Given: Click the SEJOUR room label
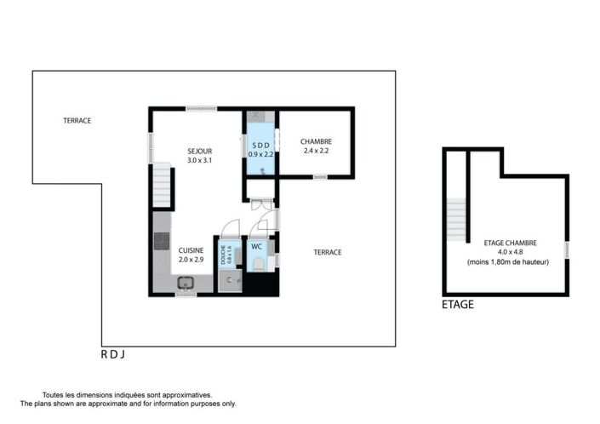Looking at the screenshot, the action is pos(199,152).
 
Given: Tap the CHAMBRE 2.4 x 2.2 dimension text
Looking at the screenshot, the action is pos(316,151).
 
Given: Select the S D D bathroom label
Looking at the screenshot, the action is pos(261,146).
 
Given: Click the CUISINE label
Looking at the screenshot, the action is pos(191,250).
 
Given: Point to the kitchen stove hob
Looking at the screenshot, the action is pos(162,241).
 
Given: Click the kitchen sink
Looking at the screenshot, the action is pos(186,283).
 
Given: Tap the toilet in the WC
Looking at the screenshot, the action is pos(259,265).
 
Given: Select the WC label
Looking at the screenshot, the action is pos(256,247).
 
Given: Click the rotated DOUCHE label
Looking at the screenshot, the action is pos(223,255).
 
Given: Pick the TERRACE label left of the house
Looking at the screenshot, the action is pos(77,121).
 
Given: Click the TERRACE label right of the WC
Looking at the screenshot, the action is pos(328,252).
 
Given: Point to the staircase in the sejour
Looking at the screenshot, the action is pos(162,186).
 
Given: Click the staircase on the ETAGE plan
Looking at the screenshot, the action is pos(456,220).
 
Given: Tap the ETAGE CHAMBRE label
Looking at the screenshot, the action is pos(510,243).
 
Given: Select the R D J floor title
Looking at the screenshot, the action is pos(113,355).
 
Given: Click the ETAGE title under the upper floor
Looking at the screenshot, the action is pos(458,305).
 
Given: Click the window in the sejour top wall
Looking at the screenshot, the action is pos(201,109).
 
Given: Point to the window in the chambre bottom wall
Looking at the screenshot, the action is pos(320,177).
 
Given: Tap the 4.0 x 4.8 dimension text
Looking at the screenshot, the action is pos(510,252).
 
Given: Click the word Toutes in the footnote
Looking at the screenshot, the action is pos(52,395).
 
